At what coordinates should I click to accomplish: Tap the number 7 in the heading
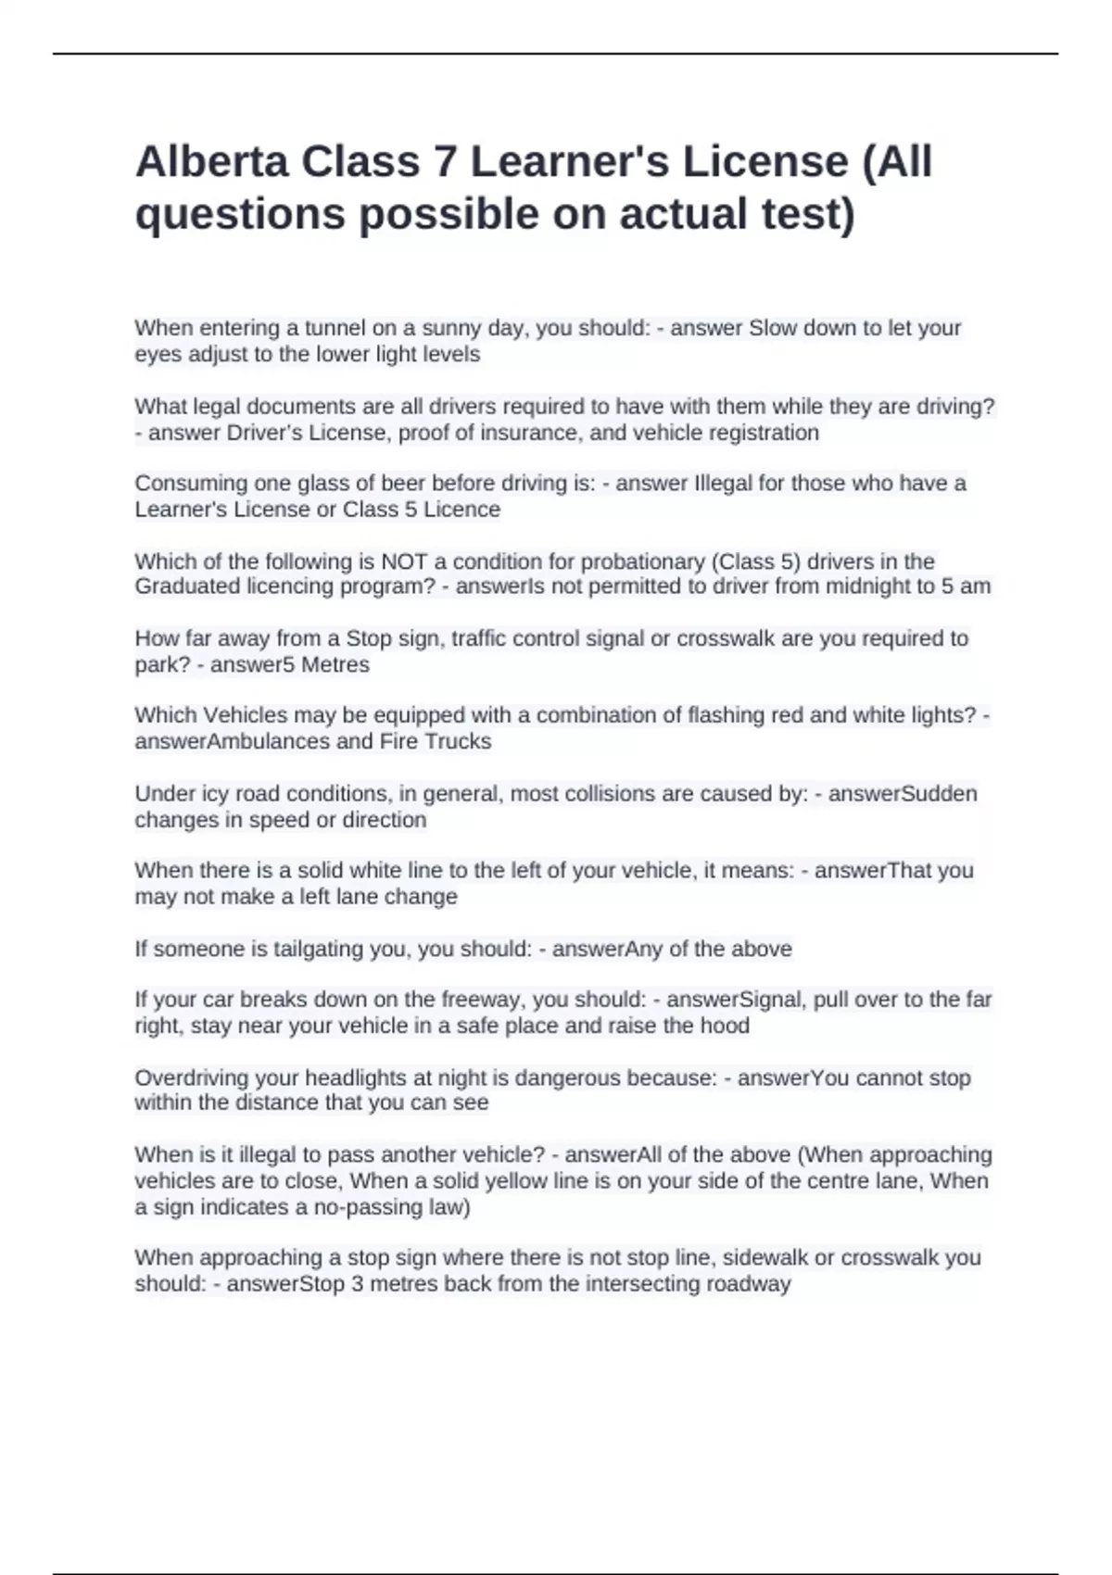coord(445,162)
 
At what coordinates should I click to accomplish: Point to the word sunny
coord(454,328)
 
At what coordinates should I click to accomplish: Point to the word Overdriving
coord(190,1077)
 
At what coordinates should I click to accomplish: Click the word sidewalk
coord(764,1257)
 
